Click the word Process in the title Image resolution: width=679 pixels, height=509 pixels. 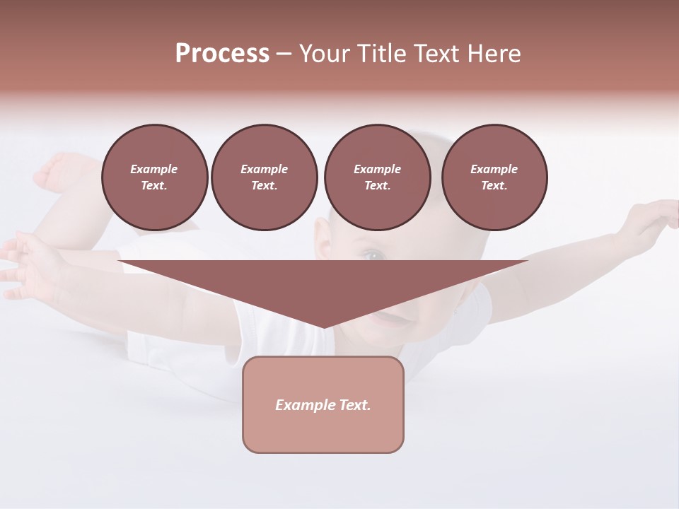tap(222, 54)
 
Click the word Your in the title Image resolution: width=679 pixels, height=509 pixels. tap(325, 54)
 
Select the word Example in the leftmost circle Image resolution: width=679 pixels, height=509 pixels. tap(154, 169)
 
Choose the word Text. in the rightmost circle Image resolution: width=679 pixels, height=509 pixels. tap(494, 185)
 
